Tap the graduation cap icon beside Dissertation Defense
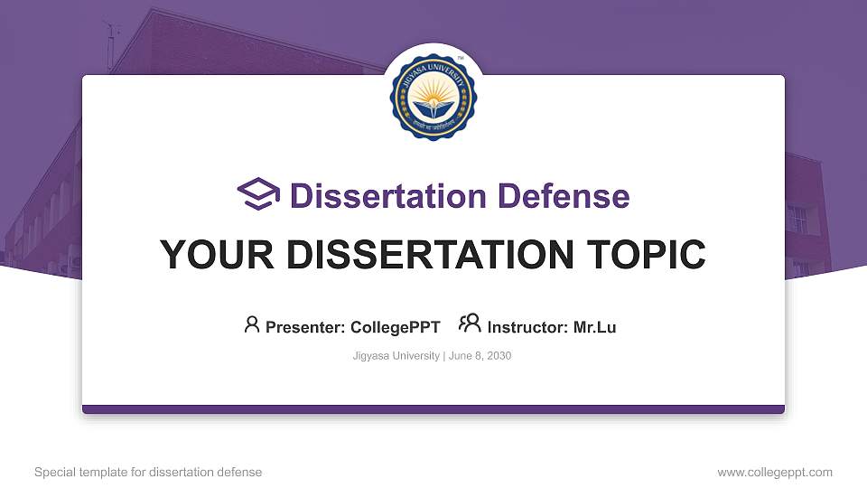click(x=258, y=194)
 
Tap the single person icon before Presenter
click(x=252, y=324)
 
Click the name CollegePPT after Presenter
click(x=396, y=327)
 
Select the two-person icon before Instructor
click(x=470, y=324)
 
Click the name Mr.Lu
click(x=594, y=327)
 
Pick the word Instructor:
click(x=527, y=327)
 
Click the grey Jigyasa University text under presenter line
click(x=396, y=356)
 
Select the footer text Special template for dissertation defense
click(x=148, y=472)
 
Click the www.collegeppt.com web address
click(x=775, y=472)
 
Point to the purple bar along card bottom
click(x=433, y=409)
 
